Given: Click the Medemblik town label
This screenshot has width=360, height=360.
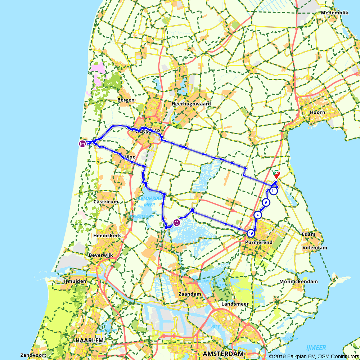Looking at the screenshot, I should coord(335,13).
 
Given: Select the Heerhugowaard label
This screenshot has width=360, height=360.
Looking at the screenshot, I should coord(191,104).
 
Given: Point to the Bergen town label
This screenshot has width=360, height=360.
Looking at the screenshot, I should coord(126,100).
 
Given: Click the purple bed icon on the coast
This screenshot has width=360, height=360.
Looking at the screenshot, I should coord(82,144).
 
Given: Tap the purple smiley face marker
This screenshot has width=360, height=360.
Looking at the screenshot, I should coord(177,223).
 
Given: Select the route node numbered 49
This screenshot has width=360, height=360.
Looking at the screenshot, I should coord(251,233).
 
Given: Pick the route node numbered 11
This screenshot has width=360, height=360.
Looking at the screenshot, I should coord(274,191).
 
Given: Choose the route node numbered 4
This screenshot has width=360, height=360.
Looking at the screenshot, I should coord(258,215).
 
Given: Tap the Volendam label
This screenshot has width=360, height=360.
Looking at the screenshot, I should coord(315,248).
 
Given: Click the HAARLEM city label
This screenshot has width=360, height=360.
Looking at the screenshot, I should coord(90,340).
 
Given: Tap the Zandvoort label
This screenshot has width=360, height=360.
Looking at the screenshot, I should coord(33,355).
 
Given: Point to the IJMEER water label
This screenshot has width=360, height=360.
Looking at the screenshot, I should coord(316,348).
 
